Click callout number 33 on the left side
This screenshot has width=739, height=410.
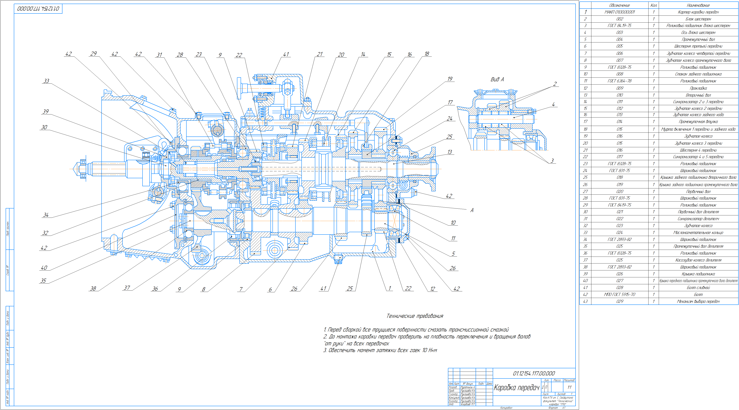pos(46,81)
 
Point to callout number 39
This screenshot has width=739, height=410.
pos(46,111)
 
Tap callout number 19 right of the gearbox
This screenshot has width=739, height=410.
pos(450,79)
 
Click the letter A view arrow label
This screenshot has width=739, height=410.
pos(472,210)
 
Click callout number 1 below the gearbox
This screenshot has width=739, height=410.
pos(389,288)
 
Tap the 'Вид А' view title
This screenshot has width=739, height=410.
pos(497,79)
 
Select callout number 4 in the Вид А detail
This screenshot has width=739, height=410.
pos(553,105)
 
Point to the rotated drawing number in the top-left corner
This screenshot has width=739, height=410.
pos(38,9)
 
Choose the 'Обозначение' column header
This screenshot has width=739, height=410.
pos(619,5)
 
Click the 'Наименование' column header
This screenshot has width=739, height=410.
pos(698,5)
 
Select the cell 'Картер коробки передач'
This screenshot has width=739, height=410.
pos(698,12)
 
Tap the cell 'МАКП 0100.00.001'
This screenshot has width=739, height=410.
pos(619,12)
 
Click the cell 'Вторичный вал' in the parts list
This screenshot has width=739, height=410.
pos(698,95)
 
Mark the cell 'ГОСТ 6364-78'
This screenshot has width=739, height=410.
pos(619,81)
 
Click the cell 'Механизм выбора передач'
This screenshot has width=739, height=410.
pos(698,301)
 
